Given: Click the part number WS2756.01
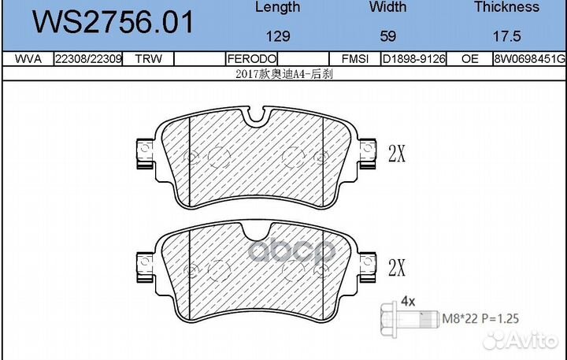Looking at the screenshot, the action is pos(113,22).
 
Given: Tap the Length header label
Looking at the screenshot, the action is pos(277,7).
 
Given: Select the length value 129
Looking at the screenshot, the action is pos(278,36).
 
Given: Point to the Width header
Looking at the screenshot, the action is pos(387,7).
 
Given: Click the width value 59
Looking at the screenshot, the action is pos(387,36).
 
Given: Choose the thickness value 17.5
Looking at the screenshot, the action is pos(506,36).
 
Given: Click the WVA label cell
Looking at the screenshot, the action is pos(28,58).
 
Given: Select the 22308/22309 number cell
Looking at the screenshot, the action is pos(88,58).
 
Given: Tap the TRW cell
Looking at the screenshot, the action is pos(148,58).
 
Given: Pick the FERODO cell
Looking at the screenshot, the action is pos(252,58).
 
